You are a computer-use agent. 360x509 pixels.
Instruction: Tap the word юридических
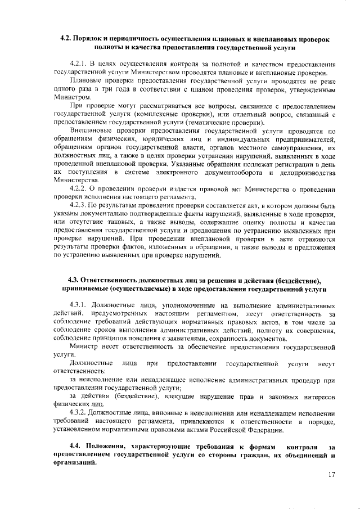161,140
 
